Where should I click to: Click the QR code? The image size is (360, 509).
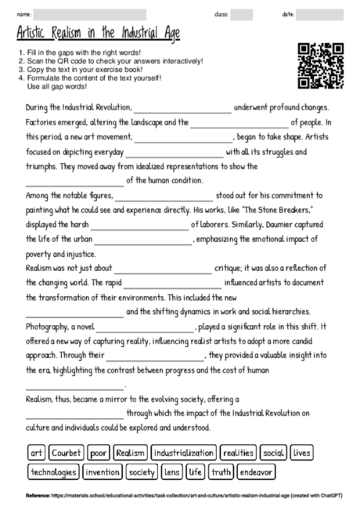tap(321, 66)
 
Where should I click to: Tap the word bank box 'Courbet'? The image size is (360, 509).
tap(66, 453)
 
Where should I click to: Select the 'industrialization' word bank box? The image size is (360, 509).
tap(183, 453)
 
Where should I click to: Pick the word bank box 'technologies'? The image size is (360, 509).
tap(53, 471)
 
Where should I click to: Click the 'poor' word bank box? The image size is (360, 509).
tap(98, 453)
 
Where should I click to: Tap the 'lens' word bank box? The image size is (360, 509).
tap(171, 471)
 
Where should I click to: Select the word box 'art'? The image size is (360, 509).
tap(35, 453)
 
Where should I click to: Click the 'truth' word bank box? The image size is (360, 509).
tap(221, 471)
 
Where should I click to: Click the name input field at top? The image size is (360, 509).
tap(90, 14)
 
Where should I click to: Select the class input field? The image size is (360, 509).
tap(242, 14)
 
